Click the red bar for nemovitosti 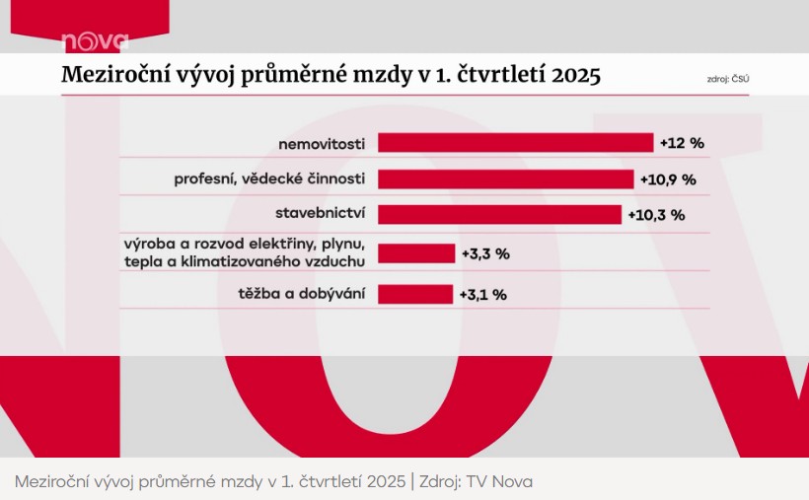coord(515,143)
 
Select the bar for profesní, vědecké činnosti coord(505,179)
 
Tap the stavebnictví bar coord(499,215)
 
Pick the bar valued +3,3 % coord(416,253)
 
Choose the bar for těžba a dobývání coord(415,294)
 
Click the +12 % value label coord(682,143)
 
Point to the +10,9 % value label coord(668,179)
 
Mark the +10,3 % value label coord(656,215)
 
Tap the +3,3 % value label coord(485,253)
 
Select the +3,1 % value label coord(482,295)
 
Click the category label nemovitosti coord(322,144)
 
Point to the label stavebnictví coord(320,213)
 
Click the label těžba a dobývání coord(301,294)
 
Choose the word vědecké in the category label coord(273,179)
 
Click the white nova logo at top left coord(95,41)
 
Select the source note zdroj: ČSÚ coord(728,79)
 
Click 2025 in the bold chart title coord(576,75)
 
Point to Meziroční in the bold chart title coord(115,74)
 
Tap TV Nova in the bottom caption coord(499,481)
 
